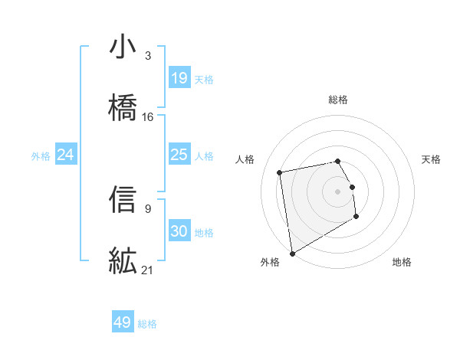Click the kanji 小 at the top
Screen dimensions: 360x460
[123, 47]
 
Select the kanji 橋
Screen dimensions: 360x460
[123, 107]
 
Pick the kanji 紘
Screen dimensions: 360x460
[123, 260]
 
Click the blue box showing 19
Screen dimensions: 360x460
[179, 78]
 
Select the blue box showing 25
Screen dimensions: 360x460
[179, 155]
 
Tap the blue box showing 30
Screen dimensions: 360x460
[179, 231]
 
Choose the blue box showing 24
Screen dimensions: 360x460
[66, 155]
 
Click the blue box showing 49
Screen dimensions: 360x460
[123, 322]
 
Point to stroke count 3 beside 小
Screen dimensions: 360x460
[148, 56]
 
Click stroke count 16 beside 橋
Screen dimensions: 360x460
[148, 117]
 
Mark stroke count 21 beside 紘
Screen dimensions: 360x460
[148, 270]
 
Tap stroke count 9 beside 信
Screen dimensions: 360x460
[148, 208]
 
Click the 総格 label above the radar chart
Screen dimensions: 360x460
[338, 100]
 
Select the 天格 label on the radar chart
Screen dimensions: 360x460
[432, 159]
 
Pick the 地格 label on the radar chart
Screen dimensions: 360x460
[402, 262]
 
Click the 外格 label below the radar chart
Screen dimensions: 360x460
[270, 262]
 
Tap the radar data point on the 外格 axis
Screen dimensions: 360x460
[292, 253]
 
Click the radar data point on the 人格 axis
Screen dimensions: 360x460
[281, 172]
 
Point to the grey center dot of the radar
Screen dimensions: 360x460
[338, 191]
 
